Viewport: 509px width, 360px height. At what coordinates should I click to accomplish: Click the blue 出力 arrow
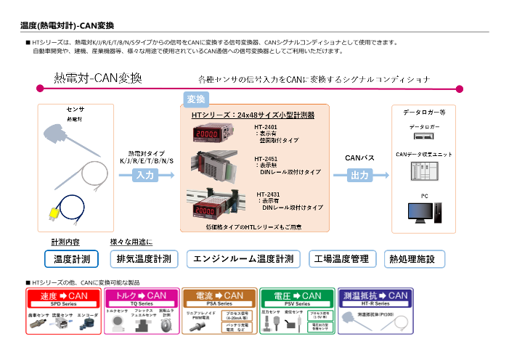(359, 175)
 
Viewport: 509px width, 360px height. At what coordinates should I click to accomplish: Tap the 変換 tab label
(196, 99)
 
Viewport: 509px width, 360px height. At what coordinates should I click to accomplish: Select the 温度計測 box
(72, 259)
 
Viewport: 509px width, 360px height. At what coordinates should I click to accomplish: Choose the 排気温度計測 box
(144, 259)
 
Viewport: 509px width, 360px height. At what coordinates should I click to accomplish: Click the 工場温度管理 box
(340, 259)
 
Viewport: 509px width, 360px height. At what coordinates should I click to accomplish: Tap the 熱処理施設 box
(412, 259)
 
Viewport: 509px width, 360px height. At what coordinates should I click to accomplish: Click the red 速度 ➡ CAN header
(63, 297)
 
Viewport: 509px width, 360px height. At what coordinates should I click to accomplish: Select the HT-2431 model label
(267, 194)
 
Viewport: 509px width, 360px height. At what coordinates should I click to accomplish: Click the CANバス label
(359, 157)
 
